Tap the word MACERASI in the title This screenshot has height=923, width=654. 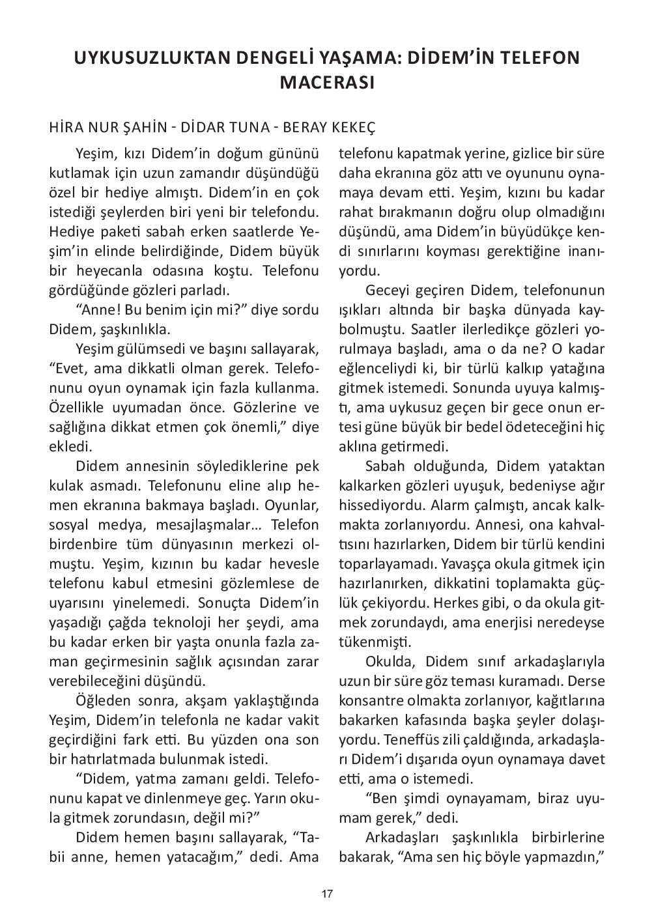point(326,83)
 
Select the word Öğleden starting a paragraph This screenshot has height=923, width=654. point(100,700)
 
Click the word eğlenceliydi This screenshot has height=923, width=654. point(376,368)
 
